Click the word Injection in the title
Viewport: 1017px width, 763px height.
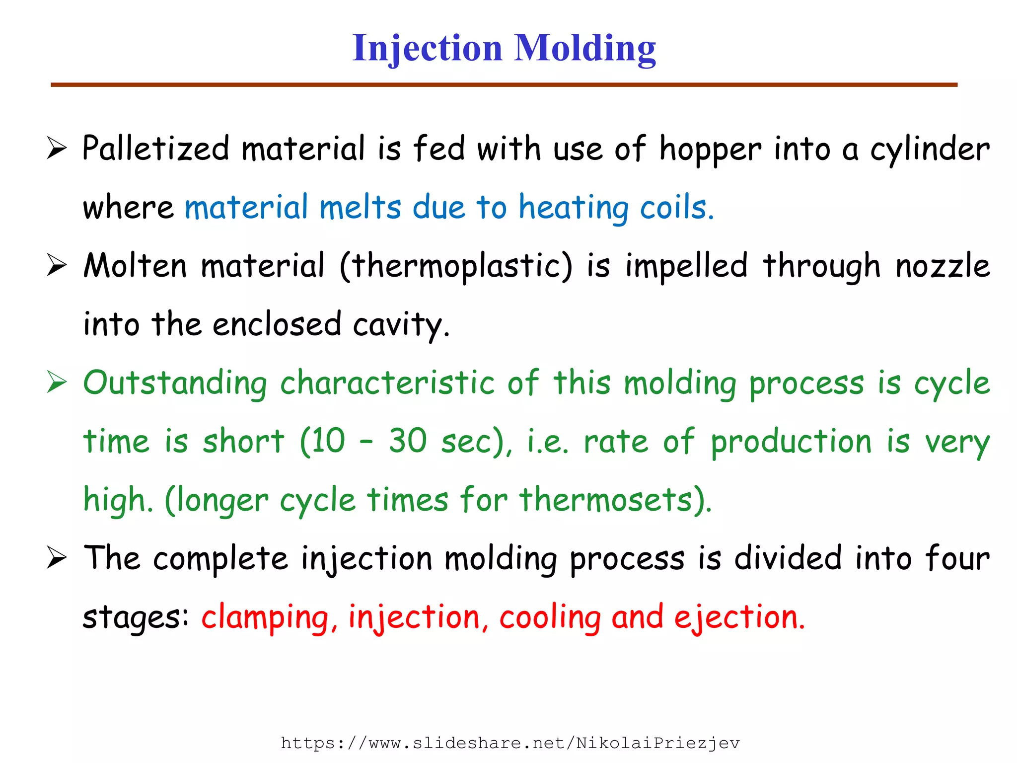427,49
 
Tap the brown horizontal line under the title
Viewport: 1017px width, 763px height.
504,85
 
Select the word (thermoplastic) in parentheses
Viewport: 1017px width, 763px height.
456,266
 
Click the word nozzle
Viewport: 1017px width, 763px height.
942,266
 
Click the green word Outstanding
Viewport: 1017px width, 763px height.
175,383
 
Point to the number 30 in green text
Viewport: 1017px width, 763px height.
408,441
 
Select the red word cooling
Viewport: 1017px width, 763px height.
550,617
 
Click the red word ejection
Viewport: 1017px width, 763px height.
739,617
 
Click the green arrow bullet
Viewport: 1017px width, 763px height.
57,382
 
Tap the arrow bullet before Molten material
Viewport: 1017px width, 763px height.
57,265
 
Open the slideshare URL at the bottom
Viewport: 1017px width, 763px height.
510,743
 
